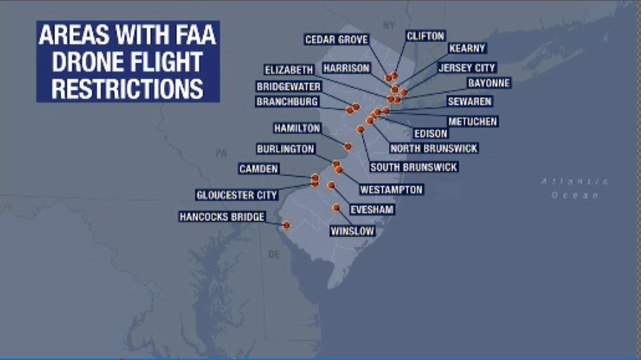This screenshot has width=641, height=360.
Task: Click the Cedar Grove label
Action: coord(337,40)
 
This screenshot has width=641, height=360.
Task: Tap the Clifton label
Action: coord(425,36)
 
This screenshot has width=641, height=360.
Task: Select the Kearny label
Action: coord(467,48)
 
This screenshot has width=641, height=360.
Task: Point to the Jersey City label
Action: coord(467,68)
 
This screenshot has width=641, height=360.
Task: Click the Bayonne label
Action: coord(489,83)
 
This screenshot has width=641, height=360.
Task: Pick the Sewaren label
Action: coord(470,101)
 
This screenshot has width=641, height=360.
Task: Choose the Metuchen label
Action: coord(472,122)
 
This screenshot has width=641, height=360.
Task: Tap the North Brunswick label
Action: coord(434,148)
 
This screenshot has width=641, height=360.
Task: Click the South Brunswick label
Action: coord(413,167)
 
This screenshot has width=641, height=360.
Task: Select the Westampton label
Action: coord(391,189)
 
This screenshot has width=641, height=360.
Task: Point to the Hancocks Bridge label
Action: coord(222,217)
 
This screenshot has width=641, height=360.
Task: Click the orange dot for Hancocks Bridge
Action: coord(286,225)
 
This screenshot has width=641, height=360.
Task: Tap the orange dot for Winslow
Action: coord(336,207)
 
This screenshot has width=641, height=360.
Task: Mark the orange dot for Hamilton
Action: coord(348,147)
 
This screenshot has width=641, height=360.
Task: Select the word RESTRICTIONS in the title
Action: coord(127,88)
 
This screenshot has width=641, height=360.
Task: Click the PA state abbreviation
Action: coord(221,153)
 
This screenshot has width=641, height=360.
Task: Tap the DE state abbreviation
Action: coord(274,254)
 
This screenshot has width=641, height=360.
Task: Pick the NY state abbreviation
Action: coord(390,25)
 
